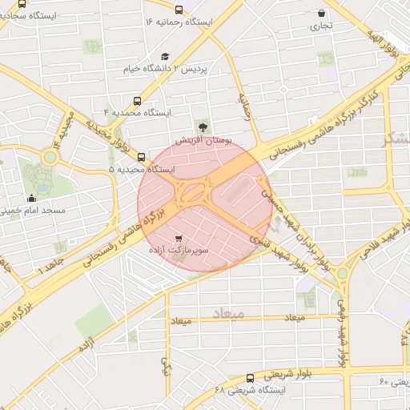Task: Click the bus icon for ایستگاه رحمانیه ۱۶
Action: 178,10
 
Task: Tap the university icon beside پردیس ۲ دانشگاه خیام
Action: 165,57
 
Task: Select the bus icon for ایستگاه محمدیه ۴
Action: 139,102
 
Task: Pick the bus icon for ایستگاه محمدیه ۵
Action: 142,157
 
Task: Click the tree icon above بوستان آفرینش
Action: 203,126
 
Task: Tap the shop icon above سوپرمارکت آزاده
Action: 178,238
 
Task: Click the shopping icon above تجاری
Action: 322,13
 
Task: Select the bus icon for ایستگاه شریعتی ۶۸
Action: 250,378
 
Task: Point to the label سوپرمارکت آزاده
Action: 178,251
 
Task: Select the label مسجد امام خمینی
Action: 24,211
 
